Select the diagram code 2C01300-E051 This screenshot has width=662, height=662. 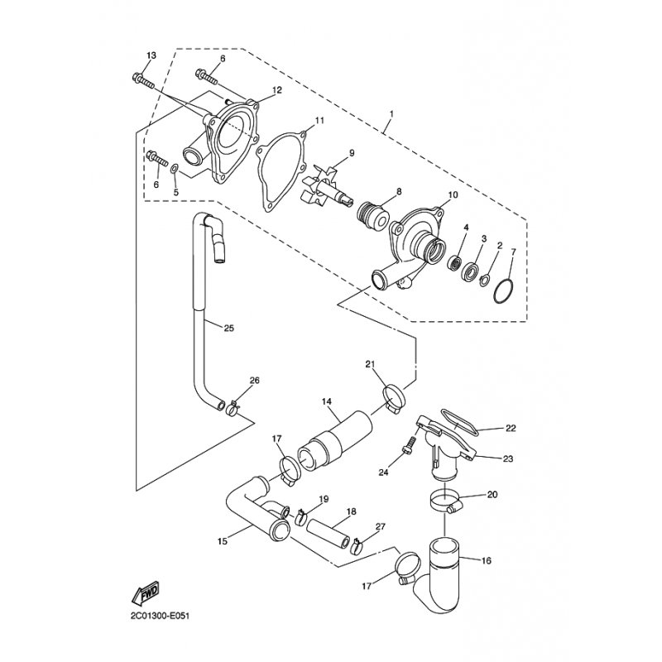(x=161, y=616)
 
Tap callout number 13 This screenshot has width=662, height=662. (x=151, y=55)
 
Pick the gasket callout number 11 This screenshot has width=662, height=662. (x=319, y=120)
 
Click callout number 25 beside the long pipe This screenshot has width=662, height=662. (x=229, y=328)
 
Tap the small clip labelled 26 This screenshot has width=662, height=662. (x=233, y=408)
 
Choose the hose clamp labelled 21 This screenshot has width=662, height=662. (x=394, y=398)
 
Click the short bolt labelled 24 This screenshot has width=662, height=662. (x=409, y=446)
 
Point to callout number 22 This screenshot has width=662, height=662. (x=511, y=429)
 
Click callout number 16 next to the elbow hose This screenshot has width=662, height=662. (x=487, y=561)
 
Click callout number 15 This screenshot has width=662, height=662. (x=223, y=541)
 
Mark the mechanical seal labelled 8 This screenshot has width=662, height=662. (x=374, y=216)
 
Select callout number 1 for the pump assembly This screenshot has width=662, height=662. (x=391, y=114)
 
